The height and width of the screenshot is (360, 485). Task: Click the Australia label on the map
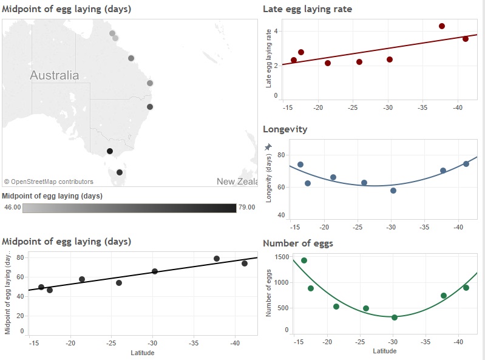pyautogui.click(x=55, y=76)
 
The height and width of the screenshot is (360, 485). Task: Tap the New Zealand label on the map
pyautogui.click(x=236, y=182)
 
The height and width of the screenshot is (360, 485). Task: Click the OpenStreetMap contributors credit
pyautogui.click(x=49, y=182)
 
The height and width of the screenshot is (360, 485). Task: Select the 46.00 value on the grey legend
pyautogui.click(x=13, y=208)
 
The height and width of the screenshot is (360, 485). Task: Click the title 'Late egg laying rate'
pyautogui.click(x=307, y=9)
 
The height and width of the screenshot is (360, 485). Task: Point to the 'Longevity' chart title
pyautogui.click(x=285, y=129)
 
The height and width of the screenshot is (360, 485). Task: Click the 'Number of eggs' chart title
pyautogui.click(x=297, y=243)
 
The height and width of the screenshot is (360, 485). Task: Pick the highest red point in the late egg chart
pyautogui.click(x=442, y=26)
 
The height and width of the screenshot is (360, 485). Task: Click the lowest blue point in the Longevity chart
pyautogui.click(x=393, y=191)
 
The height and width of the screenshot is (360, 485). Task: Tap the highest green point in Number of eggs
pyautogui.click(x=304, y=260)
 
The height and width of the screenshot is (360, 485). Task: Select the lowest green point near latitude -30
pyautogui.click(x=395, y=317)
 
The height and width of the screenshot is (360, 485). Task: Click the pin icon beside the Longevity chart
pyautogui.click(x=268, y=147)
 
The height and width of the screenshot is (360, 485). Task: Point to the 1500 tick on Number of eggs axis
pyautogui.click(x=281, y=257)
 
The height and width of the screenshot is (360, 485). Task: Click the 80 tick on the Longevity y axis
pyautogui.click(x=281, y=155)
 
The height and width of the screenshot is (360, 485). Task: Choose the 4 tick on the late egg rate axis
pyautogui.click(x=276, y=31)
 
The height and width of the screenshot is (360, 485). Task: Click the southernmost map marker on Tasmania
pyautogui.click(x=119, y=172)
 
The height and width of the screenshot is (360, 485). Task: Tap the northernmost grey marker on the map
pyautogui.click(x=112, y=33)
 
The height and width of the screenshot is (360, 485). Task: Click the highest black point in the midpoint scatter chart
pyautogui.click(x=217, y=259)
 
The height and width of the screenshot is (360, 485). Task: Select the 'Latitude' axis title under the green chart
pyautogui.click(x=384, y=351)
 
